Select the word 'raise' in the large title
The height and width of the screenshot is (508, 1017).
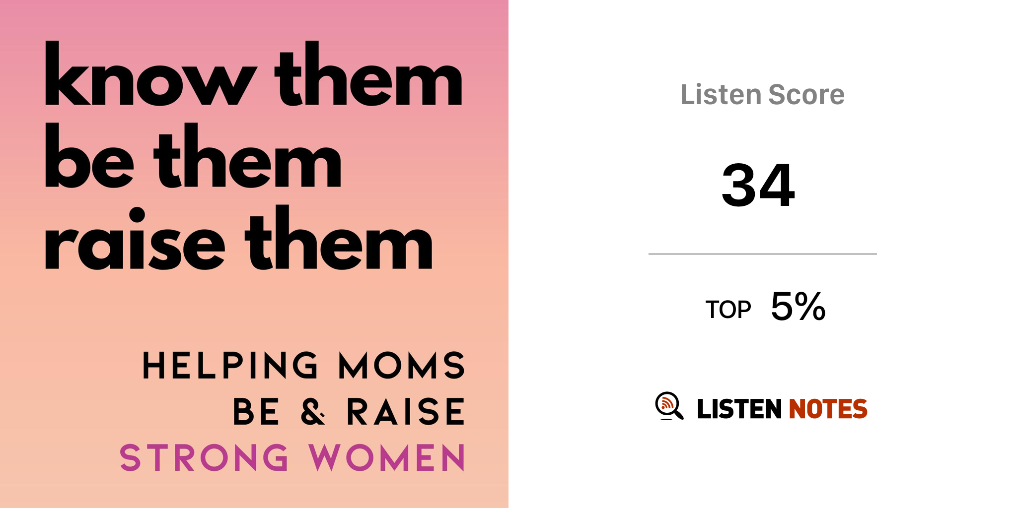(135, 238)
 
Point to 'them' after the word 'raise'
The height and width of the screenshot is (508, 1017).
(339, 237)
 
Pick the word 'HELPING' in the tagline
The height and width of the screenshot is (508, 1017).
(230, 366)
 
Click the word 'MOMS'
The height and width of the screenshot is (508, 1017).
(402, 366)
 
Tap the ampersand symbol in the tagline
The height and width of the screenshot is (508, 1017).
(313, 411)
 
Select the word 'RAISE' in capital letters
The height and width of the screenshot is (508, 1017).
(406, 411)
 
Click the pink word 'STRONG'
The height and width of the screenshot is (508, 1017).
(204, 457)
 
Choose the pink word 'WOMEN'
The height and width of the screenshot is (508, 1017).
(387, 457)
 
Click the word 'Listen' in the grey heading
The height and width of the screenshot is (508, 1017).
(721, 94)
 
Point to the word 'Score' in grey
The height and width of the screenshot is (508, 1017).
(806, 94)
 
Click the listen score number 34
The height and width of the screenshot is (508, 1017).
(758, 185)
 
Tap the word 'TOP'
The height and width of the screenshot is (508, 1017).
(728, 310)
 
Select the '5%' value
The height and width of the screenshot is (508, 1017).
(798, 306)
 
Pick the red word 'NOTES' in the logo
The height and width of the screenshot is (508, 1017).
(828, 409)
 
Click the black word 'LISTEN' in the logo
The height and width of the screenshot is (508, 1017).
(739, 409)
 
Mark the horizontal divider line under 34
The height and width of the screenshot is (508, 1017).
(763, 254)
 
